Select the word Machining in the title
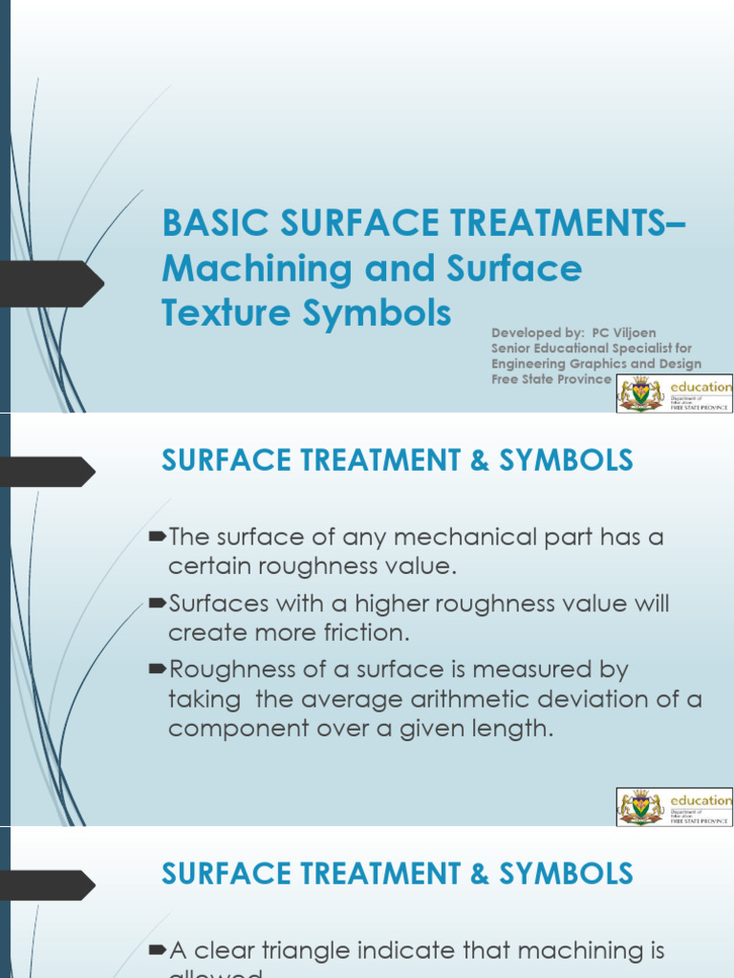pos(243,269)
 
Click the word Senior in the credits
pos(514,348)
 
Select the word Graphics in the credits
pos(601,364)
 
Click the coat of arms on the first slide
pos(639,393)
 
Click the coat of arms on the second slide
pos(639,806)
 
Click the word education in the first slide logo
pos(702,387)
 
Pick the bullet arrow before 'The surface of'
pos(159,537)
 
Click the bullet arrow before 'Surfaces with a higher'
pos(159,604)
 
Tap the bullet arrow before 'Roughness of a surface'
pos(159,670)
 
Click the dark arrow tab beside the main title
pos(52,285)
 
